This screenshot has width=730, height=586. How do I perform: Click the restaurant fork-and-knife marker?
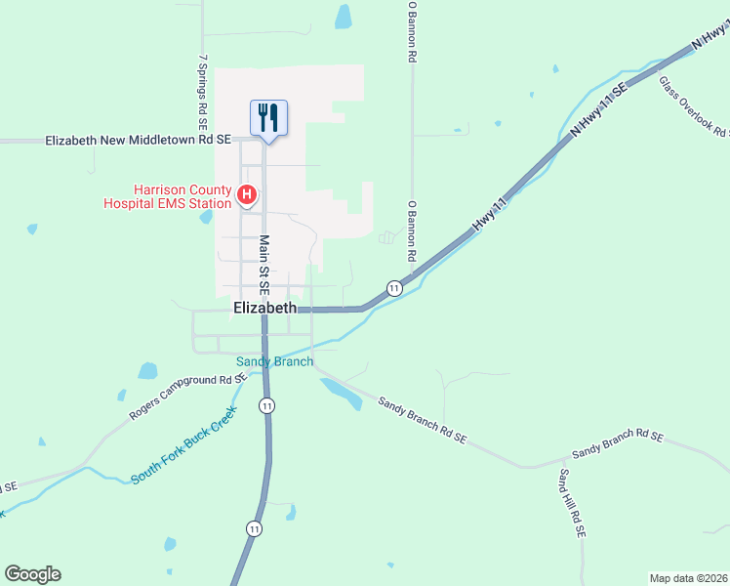pyautogui.click(x=267, y=118)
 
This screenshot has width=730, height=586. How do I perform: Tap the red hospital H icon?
pyautogui.click(x=248, y=196)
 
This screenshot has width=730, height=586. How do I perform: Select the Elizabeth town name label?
pyautogui.click(x=264, y=308)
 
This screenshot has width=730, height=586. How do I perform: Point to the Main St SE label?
pyautogui.click(x=264, y=265)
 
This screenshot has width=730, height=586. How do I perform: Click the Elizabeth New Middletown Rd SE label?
pyautogui.click(x=138, y=141)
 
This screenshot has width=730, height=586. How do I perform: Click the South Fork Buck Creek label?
pyautogui.click(x=183, y=444)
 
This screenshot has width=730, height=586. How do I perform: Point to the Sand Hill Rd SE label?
pyautogui.click(x=571, y=503)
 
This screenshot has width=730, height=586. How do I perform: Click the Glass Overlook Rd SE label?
pyautogui.click(x=694, y=106)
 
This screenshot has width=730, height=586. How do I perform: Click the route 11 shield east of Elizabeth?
pyautogui.click(x=393, y=288)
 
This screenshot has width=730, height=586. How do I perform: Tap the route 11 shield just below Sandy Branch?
pyautogui.click(x=266, y=404)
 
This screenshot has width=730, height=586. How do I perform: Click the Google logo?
pyautogui.click(x=32, y=574)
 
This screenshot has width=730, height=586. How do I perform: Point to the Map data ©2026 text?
pyautogui.click(x=688, y=578)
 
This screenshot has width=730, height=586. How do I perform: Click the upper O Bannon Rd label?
pyautogui.click(x=413, y=32)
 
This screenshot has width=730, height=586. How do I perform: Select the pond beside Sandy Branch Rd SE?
pyautogui.click(x=340, y=392)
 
